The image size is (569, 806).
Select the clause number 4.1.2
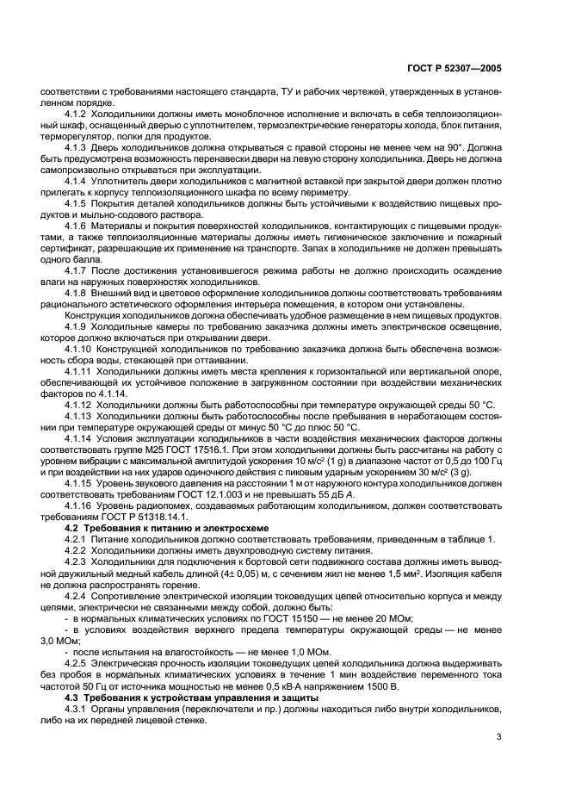77,113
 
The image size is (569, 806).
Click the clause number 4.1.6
77,225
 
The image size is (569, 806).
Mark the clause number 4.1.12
80,404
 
